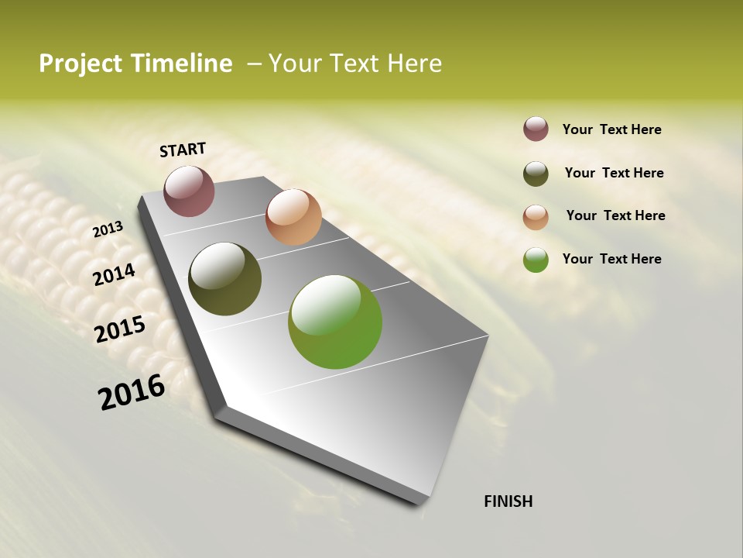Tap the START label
click(183, 150)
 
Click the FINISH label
click(508, 501)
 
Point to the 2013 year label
click(108, 229)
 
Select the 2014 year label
click(115, 274)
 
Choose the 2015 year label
click(120, 329)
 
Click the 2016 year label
click(132, 391)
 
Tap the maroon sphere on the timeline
click(189, 191)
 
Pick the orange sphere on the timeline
click(293, 217)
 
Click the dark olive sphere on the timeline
click(224, 279)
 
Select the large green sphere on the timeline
click(335, 322)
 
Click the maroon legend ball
click(536, 129)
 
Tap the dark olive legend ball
click(536, 174)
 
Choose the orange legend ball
click(536, 217)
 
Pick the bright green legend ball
click(536, 260)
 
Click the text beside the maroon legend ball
click(611, 130)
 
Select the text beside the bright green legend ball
click(611, 259)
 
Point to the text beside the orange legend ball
click(615, 215)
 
